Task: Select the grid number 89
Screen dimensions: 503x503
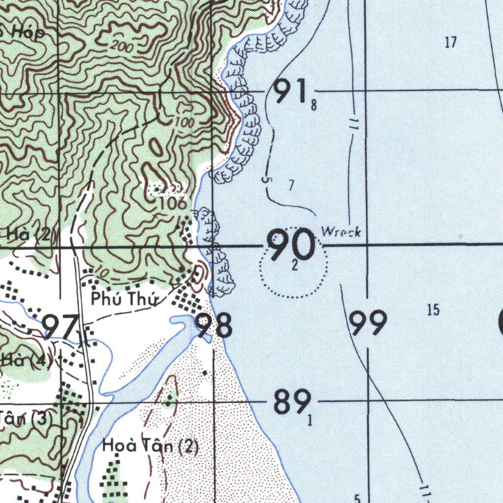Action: (292, 401)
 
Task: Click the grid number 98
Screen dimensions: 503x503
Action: (214, 326)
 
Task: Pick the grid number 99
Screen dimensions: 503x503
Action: (368, 323)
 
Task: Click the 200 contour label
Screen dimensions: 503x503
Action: (118, 47)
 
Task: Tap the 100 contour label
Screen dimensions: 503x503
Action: (184, 122)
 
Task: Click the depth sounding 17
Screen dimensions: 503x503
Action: (451, 43)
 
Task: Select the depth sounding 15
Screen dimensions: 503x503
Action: (433, 310)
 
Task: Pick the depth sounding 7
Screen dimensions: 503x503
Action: (291, 185)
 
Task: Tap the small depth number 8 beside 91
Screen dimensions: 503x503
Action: (313, 105)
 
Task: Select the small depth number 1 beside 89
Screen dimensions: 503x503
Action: (309, 420)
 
